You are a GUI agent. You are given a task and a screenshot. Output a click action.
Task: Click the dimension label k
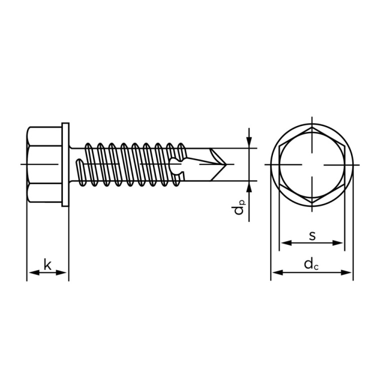click(x=47, y=264)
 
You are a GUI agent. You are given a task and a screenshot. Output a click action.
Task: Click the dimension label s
click(x=312, y=235)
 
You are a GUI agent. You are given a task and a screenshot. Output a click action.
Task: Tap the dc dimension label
click(x=311, y=264)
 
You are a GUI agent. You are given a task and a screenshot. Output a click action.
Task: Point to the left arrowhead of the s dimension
click(x=286, y=243)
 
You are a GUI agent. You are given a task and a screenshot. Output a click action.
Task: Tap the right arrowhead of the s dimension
click(x=337, y=243)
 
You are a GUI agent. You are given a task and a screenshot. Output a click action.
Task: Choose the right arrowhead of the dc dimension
click(x=346, y=272)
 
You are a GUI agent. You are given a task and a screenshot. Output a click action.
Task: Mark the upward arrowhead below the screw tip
click(x=249, y=187)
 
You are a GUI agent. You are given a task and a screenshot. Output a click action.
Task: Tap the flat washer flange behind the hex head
click(x=65, y=164)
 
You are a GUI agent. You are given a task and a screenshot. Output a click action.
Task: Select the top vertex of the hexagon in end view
click(x=312, y=127)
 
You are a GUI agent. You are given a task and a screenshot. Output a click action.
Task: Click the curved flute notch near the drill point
click(x=175, y=166)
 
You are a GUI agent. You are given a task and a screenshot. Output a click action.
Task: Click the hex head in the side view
click(x=44, y=164)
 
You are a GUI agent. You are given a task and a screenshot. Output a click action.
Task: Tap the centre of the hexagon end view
click(x=312, y=164)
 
